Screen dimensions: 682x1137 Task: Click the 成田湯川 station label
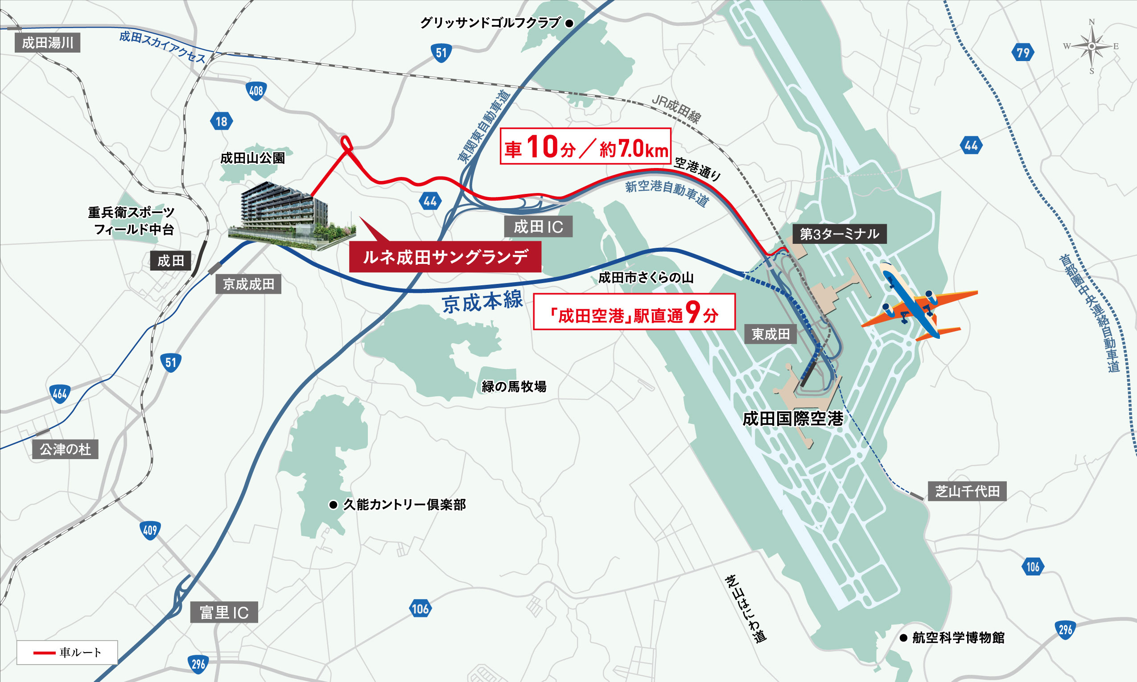coord(47,43)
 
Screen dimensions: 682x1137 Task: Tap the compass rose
coord(1092,46)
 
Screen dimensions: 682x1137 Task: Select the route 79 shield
coord(1023,53)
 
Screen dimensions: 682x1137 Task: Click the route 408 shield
coord(256,91)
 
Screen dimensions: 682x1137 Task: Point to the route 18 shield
coord(222,121)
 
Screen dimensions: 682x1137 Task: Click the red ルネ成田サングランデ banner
coord(445,257)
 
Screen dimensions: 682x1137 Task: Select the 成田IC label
coord(538,226)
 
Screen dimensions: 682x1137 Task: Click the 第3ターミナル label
coord(839,234)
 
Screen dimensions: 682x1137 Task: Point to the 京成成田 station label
coord(248,284)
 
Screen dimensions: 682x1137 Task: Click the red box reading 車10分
coord(585,146)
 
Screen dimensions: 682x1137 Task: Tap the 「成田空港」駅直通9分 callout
coord(634,312)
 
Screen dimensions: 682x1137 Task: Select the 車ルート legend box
coord(67,652)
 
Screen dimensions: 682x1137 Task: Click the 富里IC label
coord(224,612)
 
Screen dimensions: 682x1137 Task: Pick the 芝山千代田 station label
coord(968,491)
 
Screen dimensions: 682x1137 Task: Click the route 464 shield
coord(60,394)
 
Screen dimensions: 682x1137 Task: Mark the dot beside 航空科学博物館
coord(903,638)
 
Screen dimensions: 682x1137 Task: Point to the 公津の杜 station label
coord(65,449)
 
